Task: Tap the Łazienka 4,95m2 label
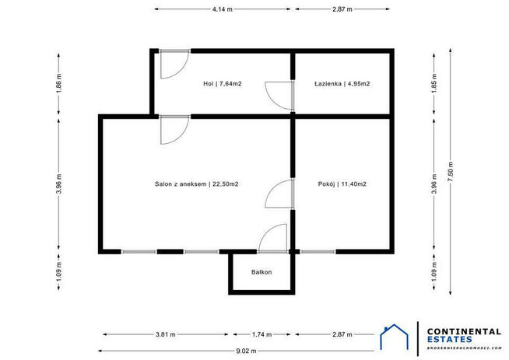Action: point(342,83)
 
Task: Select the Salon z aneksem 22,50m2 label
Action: point(196,184)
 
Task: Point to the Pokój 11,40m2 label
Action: point(342,184)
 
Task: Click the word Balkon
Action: point(262,272)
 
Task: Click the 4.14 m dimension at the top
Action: point(223,9)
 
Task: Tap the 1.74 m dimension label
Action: point(262,334)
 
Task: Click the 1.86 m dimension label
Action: point(59,83)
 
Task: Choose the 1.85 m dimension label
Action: point(434,83)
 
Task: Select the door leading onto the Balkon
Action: point(274,237)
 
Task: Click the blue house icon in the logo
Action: point(396,337)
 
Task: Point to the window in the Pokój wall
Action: point(318,251)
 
